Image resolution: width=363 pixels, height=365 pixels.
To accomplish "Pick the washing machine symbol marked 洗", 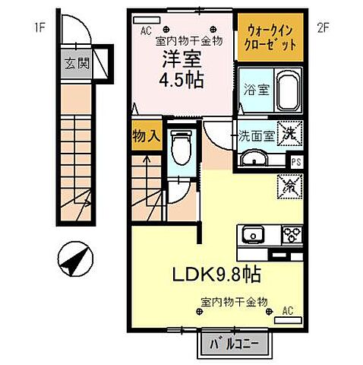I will (290, 134).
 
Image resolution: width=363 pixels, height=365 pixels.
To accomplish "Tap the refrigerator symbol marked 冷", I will (289, 183).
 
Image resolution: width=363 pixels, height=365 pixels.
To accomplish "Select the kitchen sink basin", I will (251, 235).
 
